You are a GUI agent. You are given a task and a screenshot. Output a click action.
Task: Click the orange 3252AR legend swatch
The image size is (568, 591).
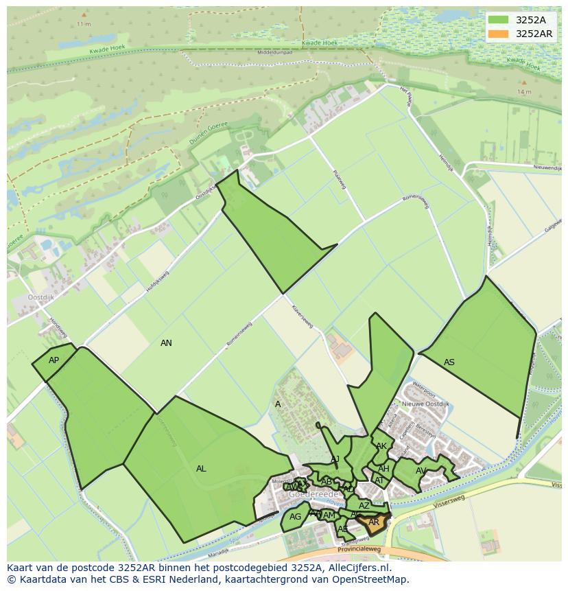click(x=498, y=34)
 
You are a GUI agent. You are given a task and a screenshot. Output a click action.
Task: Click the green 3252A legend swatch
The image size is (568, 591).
click(x=498, y=20)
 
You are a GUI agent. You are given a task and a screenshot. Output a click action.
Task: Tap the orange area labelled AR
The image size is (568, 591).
click(x=374, y=522)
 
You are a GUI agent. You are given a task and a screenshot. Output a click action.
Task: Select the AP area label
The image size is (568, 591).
click(x=54, y=360)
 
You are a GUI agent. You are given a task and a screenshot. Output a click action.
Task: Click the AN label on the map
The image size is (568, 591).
click(x=166, y=343)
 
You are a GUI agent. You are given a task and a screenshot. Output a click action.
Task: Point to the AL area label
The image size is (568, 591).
click(x=201, y=469)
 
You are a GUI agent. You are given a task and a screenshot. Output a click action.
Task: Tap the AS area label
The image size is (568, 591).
click(x=449, y=362)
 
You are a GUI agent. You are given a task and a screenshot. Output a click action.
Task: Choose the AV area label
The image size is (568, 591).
click(x=421, y=471)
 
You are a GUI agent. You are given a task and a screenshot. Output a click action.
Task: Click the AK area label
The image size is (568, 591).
click(x=381, y=446)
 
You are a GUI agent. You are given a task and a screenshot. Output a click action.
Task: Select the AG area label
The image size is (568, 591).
click(x=295, y=517)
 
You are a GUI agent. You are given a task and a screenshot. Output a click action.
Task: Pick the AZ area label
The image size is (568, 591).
click(x=364, y=506)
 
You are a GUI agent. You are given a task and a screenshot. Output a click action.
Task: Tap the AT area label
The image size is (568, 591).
click(x=379, y=480)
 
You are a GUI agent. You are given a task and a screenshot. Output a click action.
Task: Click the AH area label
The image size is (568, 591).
click(x=383, y=469)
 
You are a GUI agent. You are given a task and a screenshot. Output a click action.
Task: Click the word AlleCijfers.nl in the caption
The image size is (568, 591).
click(x=358, y=568)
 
